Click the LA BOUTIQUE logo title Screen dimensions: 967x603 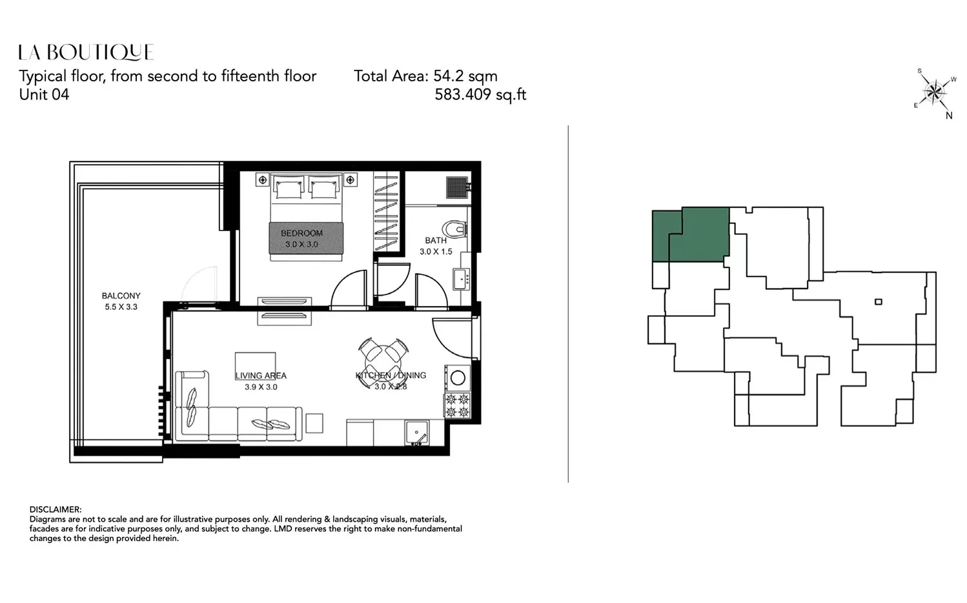[x=86, y=52]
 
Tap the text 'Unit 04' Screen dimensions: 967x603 [x=44, y=94]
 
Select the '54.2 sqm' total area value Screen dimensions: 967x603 [x=465, y=76]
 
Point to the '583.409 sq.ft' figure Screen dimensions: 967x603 [x=480, y=94]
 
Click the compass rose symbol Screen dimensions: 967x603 [x=934, y=92]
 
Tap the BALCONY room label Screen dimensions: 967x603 [x=121, y=296]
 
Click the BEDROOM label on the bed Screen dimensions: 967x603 [x=301, y=233]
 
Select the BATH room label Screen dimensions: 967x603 [x=436, y=240]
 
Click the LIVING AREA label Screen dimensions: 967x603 [x=261, y=376]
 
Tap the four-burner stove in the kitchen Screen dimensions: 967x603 [x=458, y=405]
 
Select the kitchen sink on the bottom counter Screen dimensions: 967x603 [x=417, y=433]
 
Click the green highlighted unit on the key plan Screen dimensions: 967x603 [x=691, y=234]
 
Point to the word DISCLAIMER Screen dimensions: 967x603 [x=56, y=510]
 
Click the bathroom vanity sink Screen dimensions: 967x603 [x=462, y=279]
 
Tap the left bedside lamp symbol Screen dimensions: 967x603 [x=263, y=179]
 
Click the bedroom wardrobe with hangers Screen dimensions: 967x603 [x=386, y=212]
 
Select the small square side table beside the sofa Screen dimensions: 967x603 [x=314, y=423]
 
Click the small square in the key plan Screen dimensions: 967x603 [x=879, y=301]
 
